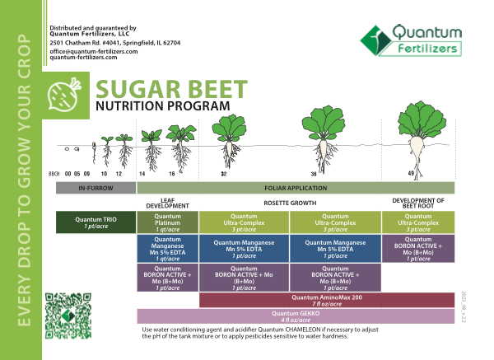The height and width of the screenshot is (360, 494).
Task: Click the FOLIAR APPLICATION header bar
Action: click(295, 189)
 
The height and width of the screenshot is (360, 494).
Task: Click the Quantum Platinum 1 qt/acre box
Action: click(167, 222)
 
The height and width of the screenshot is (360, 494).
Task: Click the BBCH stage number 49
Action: click(411, 174)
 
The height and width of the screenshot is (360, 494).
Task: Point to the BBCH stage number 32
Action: click(224, 175)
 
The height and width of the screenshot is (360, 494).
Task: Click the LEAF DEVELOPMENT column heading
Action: click(167, 202)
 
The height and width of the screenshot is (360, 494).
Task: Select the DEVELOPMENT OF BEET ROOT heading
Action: click(418, 202)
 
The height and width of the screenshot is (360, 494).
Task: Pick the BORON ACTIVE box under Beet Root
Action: click(418, 248)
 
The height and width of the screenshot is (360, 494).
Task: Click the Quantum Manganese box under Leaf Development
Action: click(167, 248)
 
